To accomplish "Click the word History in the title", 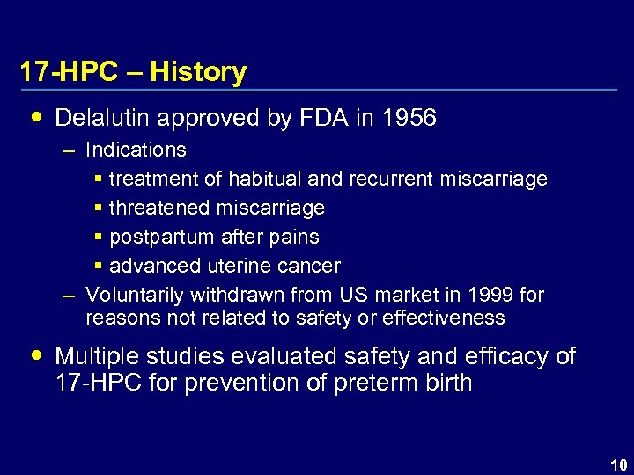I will coord(198,72).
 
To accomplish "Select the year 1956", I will coord(409,118).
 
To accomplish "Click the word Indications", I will coord(136,150).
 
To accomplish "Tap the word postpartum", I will coord(164,237).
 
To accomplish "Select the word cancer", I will coord(311,266).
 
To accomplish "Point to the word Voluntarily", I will coord(134,295).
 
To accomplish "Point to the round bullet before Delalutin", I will coord(35,117).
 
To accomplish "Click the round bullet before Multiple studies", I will coord(35,355).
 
